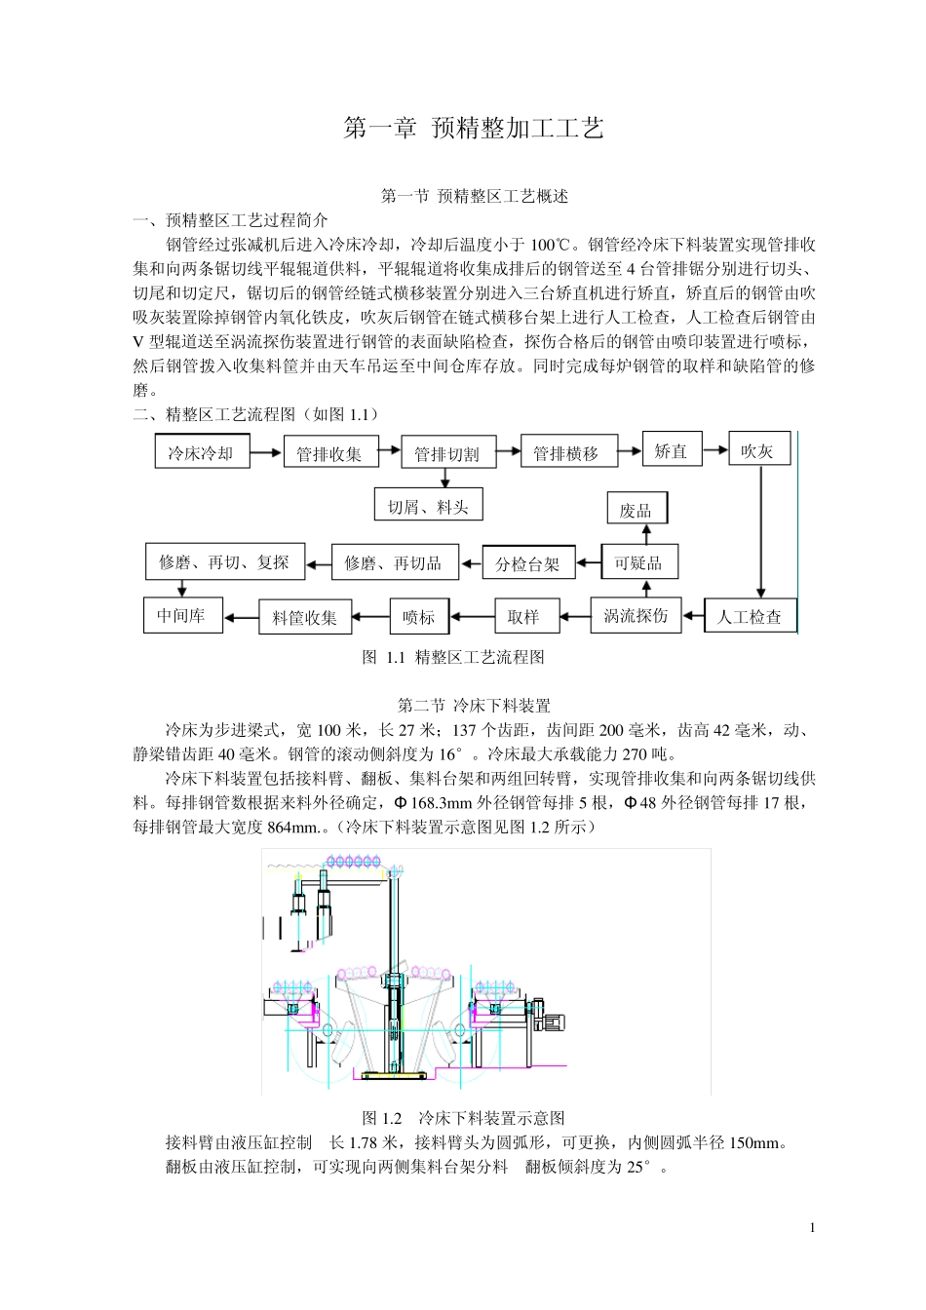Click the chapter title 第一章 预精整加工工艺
pos(474,129)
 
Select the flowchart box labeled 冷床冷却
pos(202,452)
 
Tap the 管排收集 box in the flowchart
pos(329,453)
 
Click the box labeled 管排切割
pos(447,453)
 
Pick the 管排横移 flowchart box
pos(565,452)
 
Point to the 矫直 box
pos(672,450)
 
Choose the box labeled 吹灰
pos(757,450)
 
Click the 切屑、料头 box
pos(428,505)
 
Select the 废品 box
pos(636,510)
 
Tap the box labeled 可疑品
pos(638,562)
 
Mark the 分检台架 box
pos(528,563)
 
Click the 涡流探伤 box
pos(636,615)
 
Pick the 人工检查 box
pos(750,616)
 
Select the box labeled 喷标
pos(419,616)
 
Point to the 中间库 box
pos(182,616)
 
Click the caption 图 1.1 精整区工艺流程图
pos(453,657)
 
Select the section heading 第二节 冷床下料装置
pos(474,705)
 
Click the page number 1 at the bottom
pos(812,1227)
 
